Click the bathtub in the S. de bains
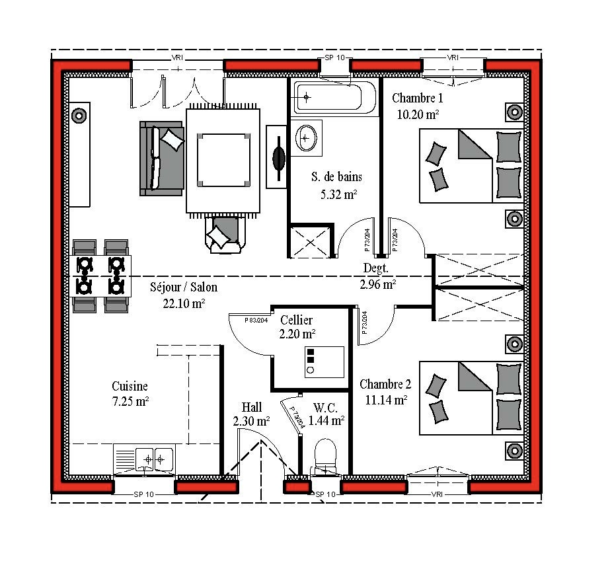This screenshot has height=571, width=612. tap(334, 97)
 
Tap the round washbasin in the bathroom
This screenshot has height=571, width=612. tap(306, 137)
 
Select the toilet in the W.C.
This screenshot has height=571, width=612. tap(325, 457)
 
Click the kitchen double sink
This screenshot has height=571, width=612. tap(154, 459)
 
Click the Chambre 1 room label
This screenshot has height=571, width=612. tap(417, 98)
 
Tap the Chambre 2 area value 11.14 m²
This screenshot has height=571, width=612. tap(386, 400)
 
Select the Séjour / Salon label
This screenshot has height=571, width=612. tap(184, 287)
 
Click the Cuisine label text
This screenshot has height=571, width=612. tap(130, 386)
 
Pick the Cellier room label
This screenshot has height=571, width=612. tap(296, 320)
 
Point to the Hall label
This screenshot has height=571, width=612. tap(252, 407)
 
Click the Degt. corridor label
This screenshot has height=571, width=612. tap(376, 268)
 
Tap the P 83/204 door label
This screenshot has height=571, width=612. tap(256, 321)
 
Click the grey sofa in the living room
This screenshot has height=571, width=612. tap(161, 158)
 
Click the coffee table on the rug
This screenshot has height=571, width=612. tap(223, 160)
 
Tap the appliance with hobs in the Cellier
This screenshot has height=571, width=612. tap(325, 362)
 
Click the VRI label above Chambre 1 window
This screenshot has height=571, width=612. tap(453, 57)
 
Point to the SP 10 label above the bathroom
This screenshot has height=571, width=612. tap(335, 57)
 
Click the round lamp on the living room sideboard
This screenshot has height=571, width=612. tap(79, 115)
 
